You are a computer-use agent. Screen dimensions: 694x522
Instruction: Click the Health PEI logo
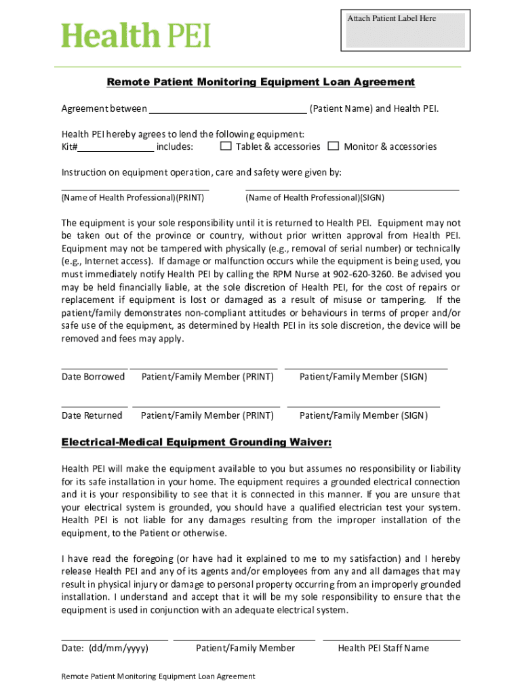pos(136,35)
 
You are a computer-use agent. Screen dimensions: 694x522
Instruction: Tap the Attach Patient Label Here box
pos(405,30)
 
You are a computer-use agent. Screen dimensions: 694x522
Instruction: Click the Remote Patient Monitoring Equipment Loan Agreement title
pos(260,82)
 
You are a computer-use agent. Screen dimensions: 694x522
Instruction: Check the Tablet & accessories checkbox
pos(226,146)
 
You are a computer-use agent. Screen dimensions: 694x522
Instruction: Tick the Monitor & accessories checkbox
pos(334,146)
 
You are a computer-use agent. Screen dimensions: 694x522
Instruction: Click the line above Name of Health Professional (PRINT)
pos(135,190)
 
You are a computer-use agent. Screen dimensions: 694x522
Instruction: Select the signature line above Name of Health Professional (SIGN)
pos(352,190)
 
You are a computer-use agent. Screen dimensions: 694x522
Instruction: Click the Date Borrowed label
pos(93,377)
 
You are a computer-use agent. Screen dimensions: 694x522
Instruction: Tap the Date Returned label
pos(92,415)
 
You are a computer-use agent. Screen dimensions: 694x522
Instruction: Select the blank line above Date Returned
pos(94,407)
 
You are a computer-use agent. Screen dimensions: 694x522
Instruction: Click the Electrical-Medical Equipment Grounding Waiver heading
pos(197,443)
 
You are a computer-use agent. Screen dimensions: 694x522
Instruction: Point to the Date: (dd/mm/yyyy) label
pos(105,648)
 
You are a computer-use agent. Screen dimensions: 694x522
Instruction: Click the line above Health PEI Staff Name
pos(391,640)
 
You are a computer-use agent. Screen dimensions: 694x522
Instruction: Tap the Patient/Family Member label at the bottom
pos(245,648)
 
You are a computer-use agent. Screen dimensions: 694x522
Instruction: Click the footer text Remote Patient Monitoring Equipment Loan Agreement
pos(158,676)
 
